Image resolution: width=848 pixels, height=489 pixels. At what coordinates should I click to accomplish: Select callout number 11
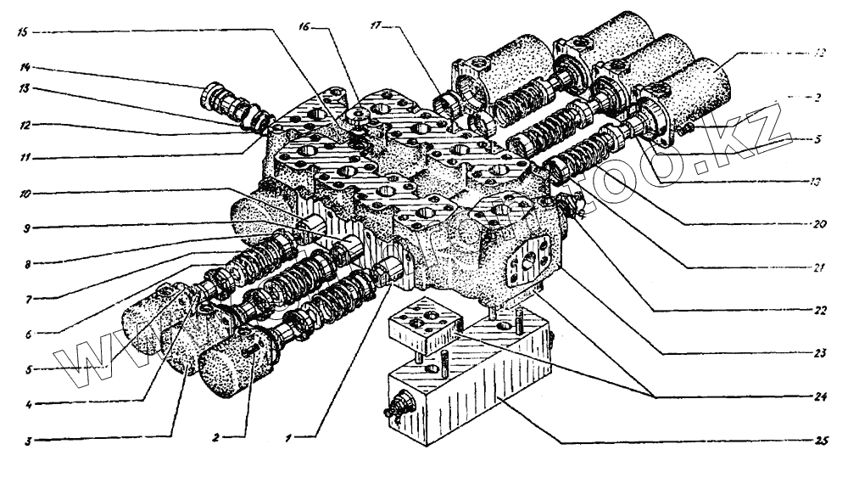(x=25, y=155)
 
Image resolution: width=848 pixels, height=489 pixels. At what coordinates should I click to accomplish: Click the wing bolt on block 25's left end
(x=396, y=410)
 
